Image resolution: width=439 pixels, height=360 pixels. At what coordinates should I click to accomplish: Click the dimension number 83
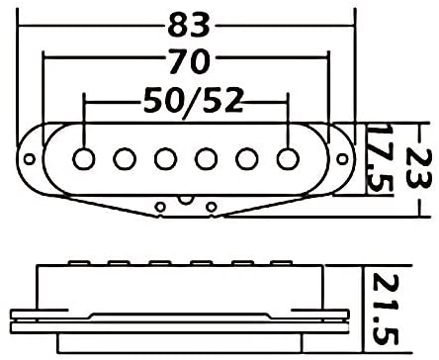[x=189, y=25]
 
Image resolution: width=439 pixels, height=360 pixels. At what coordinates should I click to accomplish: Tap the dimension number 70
[x=189, y=61]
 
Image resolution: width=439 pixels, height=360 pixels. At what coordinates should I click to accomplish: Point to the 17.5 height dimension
[x=379, y=159]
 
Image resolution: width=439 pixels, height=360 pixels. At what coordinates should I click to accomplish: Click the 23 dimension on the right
[x=417, y=168]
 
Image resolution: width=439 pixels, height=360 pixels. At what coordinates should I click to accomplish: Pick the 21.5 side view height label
[x=386, y=309]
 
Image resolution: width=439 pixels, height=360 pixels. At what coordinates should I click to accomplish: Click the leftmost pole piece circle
[x=84, y=159]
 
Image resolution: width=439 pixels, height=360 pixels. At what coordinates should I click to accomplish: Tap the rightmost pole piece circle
[x=288, y=159]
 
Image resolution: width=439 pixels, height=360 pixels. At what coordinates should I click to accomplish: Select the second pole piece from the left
[x=125, y=159]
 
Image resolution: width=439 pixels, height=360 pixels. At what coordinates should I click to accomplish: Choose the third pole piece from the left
[x=165, y=159]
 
